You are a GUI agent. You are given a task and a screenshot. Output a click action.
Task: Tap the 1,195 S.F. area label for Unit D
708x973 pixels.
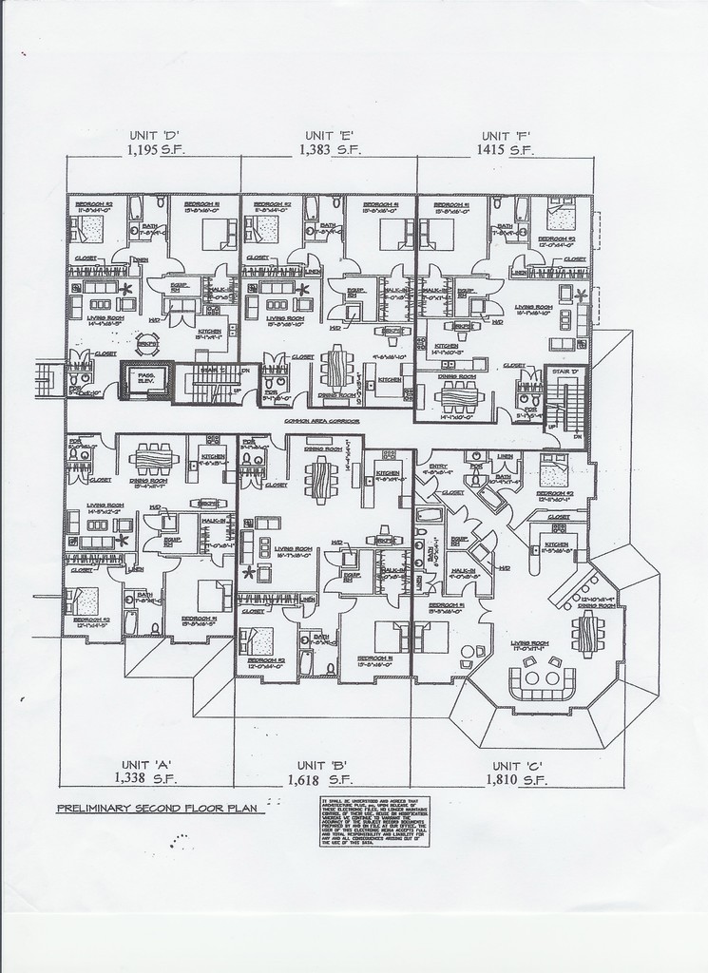point(154,150)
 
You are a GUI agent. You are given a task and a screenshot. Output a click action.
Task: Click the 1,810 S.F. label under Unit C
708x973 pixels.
point(517,780)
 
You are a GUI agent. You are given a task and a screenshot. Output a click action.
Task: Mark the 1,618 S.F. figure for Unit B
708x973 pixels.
point(316,780)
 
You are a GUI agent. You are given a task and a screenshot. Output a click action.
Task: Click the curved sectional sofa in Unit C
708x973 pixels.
point(543,683)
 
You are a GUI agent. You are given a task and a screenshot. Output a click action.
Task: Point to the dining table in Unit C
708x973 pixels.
point(587,630)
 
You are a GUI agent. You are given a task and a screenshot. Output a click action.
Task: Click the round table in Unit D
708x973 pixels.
point(145,345)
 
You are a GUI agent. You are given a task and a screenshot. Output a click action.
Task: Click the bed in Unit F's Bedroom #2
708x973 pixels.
point(552,217)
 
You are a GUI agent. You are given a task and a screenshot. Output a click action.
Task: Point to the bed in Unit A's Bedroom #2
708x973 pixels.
point(82,602)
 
